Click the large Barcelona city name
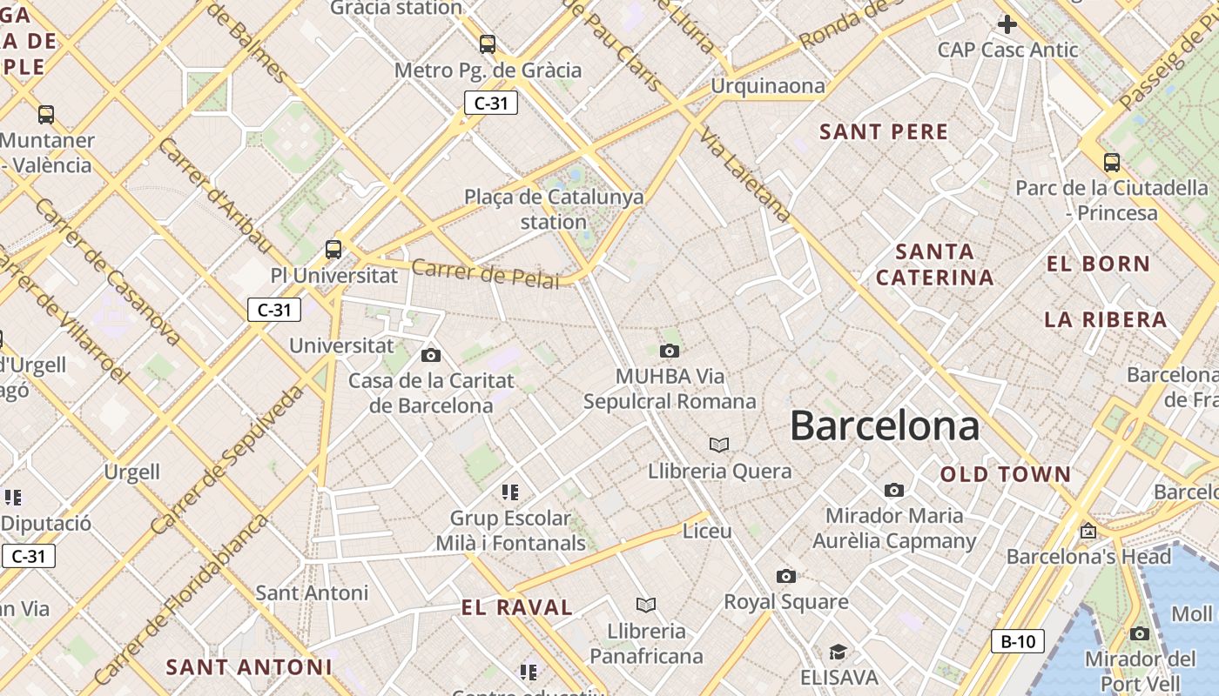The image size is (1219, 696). (x=885, y=426)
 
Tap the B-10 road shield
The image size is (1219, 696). (x=1017, y=642)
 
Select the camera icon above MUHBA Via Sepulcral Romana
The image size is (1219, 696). (x=669, y=351)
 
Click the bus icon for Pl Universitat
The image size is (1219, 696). (x=333, y=250)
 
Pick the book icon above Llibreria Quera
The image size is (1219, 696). (x=718, y=445)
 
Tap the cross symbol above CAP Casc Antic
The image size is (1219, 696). (x=1007, y=23)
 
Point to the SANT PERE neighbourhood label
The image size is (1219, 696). (x=884, y=132)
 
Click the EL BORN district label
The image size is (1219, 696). (x=1098, y=264)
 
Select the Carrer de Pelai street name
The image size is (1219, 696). (x=485, y=273)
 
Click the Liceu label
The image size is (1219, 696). (x=707, y=530)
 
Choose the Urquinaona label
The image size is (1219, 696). (x=767, y=85)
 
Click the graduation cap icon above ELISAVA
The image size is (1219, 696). (x=837, y=652)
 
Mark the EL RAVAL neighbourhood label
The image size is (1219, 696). (x=516, y=607)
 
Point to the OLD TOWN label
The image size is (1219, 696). (x=1005, y=474)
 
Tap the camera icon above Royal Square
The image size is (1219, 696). (x=785, y=576)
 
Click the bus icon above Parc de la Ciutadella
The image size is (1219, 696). (x=1111, y=162)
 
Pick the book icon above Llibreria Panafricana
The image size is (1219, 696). (x=645, y=605)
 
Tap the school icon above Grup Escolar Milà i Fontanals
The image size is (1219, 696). (x=510, y=492)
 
